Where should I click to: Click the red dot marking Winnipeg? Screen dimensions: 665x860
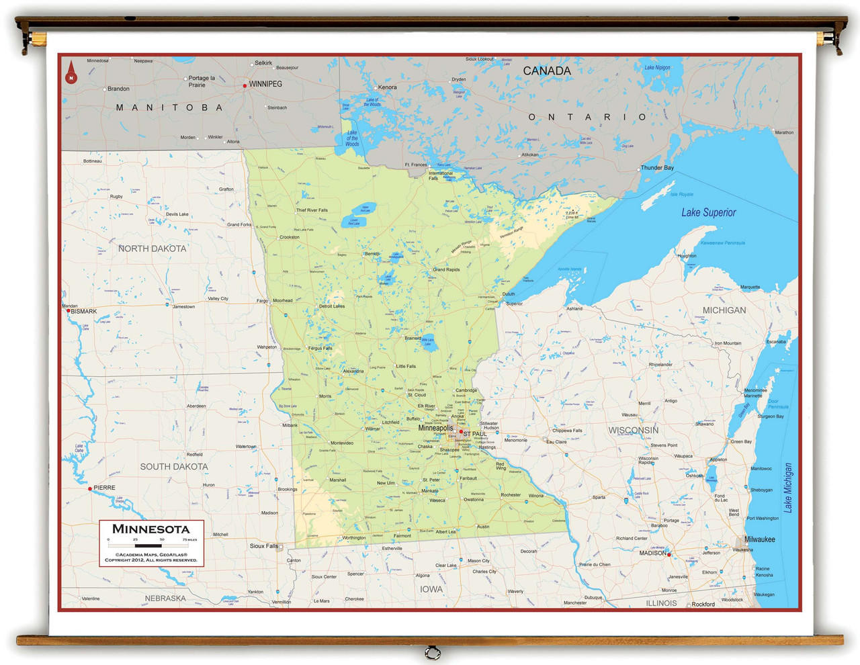pyautogui.click(x=245, y=85)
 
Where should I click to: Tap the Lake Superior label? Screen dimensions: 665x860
pyautogui.click(x=708, y=212)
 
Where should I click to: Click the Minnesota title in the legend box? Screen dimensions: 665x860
pyautogui.click(x=151, y=529)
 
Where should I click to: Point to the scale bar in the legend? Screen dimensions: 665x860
pyautogui.click(x=152, y=545)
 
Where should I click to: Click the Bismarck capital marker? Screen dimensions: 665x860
pyautogui.click(x=68, y=311)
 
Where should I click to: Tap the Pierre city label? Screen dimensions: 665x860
pyautogui.click(x=104, y=488)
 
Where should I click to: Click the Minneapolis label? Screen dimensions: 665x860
pyautogui.click(x=435, y=428)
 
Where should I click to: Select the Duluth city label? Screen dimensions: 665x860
pyautogui.click(x=509, y=294)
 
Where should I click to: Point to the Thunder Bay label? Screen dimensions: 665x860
pyautogui.click(x=657, y=167)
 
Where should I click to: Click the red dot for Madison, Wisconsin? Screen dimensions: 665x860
pyautogui.click(x=669, y=555)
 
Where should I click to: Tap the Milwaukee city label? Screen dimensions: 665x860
pyautogui.click(x=759, y=539)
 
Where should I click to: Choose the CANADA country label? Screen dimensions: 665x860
pyautogui.click(x=547, y=71)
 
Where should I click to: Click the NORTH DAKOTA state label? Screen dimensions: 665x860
pyautogui.click(x=153, y=249)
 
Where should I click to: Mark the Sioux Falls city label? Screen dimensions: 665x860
pyautogui.click(x=263, y=546)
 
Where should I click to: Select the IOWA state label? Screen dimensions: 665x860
pyautogui.click(x=431, y=589)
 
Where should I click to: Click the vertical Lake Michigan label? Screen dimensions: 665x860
pyautogui.click(x=788, y=488)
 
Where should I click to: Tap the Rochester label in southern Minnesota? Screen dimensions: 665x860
pyautogui.click(x=511, y=495)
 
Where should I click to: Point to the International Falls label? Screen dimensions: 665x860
pyautogui.click(x=441, y=175)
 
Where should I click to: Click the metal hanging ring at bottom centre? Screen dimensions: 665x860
pyautogui.click(x=433, y=652)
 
